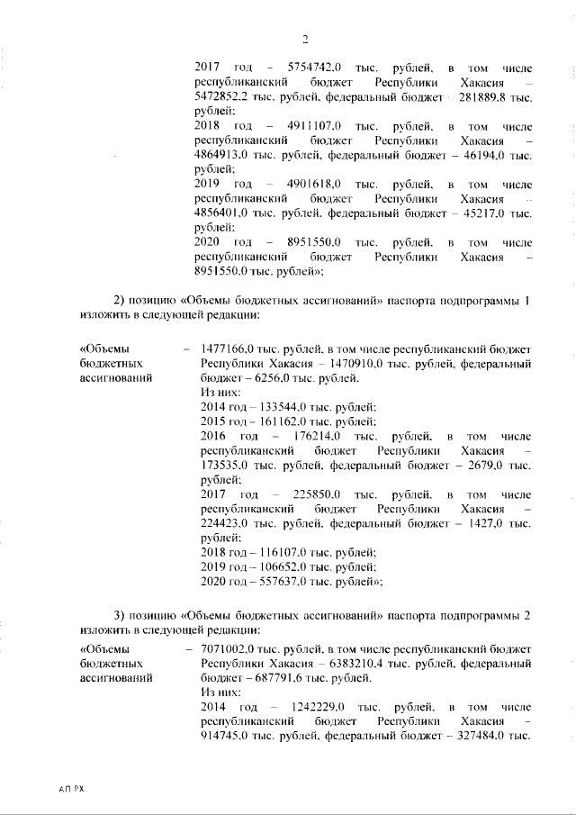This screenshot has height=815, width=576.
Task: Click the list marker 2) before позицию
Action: pos(119,300)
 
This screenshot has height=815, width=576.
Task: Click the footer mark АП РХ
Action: pos(69,789)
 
